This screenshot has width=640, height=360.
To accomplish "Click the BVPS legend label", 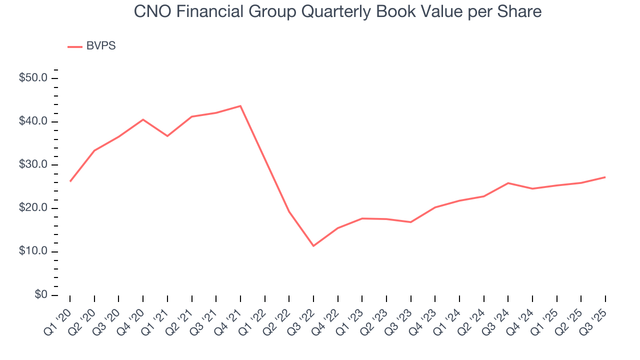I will tap(101, 46).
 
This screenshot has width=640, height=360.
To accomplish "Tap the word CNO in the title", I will tap(150, 11).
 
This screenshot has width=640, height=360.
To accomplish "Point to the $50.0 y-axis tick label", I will tap(33, 78).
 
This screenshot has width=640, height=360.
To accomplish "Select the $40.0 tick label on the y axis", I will tap(33, 121).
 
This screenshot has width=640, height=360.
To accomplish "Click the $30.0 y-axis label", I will tap(33, 165).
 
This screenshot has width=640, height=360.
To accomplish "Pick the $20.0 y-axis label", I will tap(33, 208).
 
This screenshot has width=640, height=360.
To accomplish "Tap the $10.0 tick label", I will tap(33, 251).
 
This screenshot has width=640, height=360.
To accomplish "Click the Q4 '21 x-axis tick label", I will tap(230, 314).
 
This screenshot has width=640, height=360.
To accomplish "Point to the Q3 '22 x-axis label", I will tap(303, 314).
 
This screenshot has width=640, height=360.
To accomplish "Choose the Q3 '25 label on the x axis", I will tap(595, 314).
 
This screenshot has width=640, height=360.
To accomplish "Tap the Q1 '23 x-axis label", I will tap(352, 314).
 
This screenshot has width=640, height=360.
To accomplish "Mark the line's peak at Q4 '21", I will tap(240, 105).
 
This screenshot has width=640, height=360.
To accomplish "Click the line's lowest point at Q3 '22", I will tap(313, 246).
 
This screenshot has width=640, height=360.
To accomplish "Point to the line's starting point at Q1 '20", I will tap(70, 181).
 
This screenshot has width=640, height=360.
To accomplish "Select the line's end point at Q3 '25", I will tap(605, 177).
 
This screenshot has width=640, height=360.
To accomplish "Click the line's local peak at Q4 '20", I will tap(143, 119).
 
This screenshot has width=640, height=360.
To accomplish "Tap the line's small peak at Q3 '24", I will tap(508, 183).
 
